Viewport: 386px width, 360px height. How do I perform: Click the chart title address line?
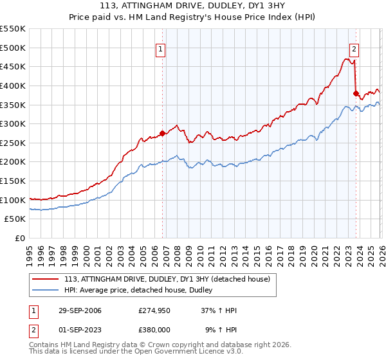pos(193,6)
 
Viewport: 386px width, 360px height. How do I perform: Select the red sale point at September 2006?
pos(162,134)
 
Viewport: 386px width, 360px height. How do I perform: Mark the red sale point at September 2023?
pos(356,93)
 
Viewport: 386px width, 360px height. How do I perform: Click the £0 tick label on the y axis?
pos(19,239)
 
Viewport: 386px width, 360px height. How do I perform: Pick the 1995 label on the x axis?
pos(30,253)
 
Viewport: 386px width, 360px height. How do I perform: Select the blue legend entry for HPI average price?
pos(142,291)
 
